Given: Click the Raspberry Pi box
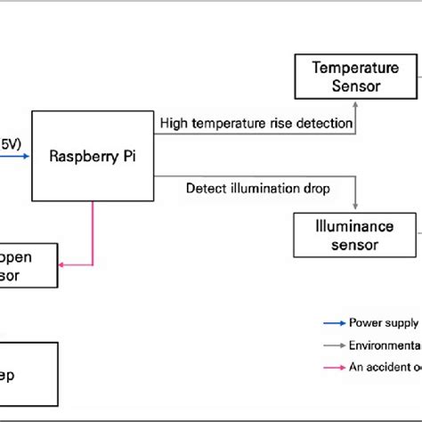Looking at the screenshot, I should [93, 155].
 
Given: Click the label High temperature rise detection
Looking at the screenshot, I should [256, 123].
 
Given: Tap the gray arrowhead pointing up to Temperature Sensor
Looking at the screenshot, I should [355, 103].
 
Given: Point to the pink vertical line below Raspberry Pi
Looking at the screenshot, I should [93, 231].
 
